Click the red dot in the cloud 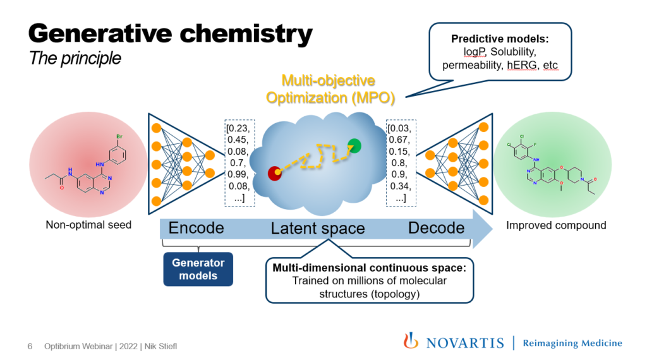tap(275, 172)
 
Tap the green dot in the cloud tap(354, 147)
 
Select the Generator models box tap(199, 270)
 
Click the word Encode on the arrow tap(197, 228)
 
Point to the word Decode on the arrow tap(436, 228)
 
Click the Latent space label tap(318, 229)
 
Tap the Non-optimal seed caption tap(89, 225)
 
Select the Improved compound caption tap(556, 225)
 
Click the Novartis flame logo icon tap(411, 341)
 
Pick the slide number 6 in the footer tap(30, 347)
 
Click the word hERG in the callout tap(521, 64)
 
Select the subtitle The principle tap(75, 59)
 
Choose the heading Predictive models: tap(500, 39)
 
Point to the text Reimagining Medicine tap(572, 343)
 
